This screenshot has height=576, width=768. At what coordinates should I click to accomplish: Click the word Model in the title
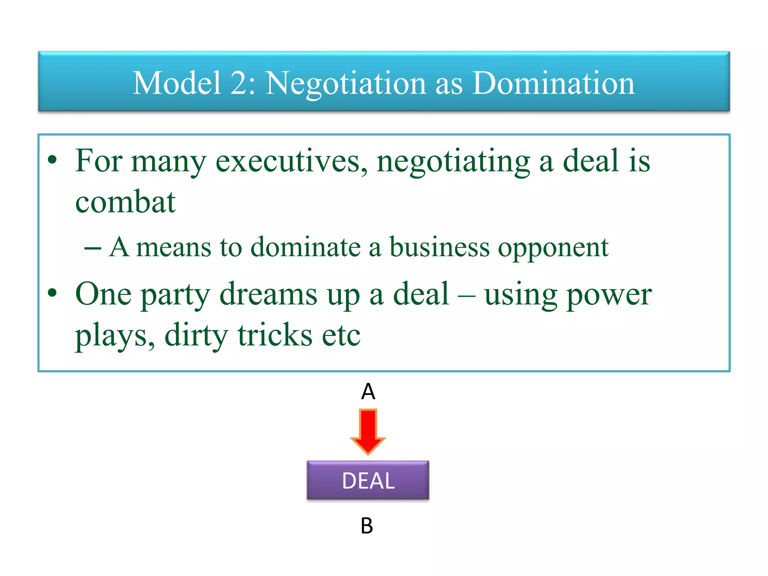tap(177, 83)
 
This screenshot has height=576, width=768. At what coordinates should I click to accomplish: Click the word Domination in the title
tap(553, 83)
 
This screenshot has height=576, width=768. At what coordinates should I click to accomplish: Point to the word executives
tap(291, 161)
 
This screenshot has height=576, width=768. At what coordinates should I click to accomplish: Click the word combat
tap(125, 202)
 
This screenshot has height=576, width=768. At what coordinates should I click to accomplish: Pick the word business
tap(439, 247)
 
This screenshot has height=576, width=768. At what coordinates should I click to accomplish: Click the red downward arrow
tap(368, 431)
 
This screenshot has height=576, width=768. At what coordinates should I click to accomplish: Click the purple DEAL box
tap(368, 480)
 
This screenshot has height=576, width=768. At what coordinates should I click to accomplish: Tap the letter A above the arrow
tap(368, 391)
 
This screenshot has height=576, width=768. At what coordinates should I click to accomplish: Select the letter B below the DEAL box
tap(367, 526)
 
